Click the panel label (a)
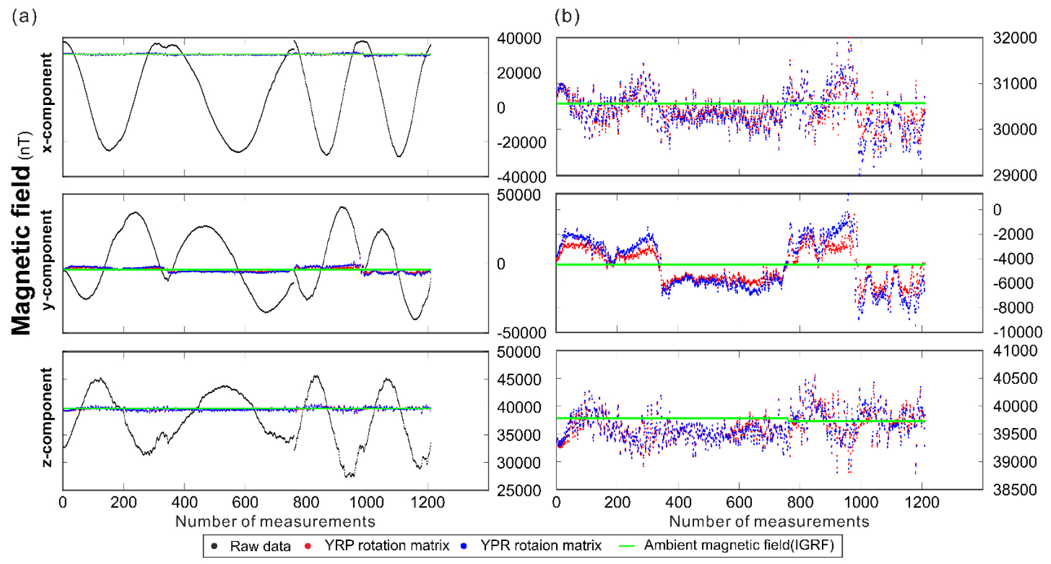(24, 16)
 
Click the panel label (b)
(567, 16)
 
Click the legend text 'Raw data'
(260, 546)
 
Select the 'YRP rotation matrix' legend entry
(386, 545)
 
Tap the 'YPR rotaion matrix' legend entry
(540, 545)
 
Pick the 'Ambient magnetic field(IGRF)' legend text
(739, 545)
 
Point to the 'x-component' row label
(47, 102)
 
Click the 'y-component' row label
(47, 260)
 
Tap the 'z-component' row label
(47, 417)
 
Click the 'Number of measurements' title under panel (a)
(275, 521)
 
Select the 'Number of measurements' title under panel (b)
(769, 521)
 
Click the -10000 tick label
(1016, 332)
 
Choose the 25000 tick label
(519, 491)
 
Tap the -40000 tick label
(521, 178)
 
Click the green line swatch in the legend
(628, 546)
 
